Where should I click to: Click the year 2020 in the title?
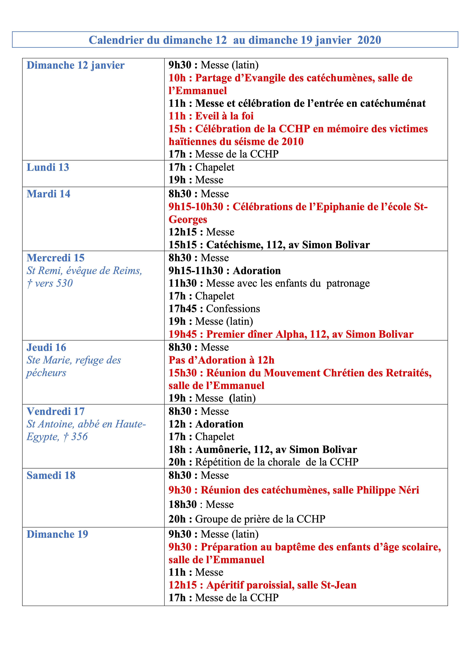369,40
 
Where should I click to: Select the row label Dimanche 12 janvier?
76,65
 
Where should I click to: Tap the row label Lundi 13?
48,167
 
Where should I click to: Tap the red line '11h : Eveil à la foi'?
211,116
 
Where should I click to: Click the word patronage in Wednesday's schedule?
348,283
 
